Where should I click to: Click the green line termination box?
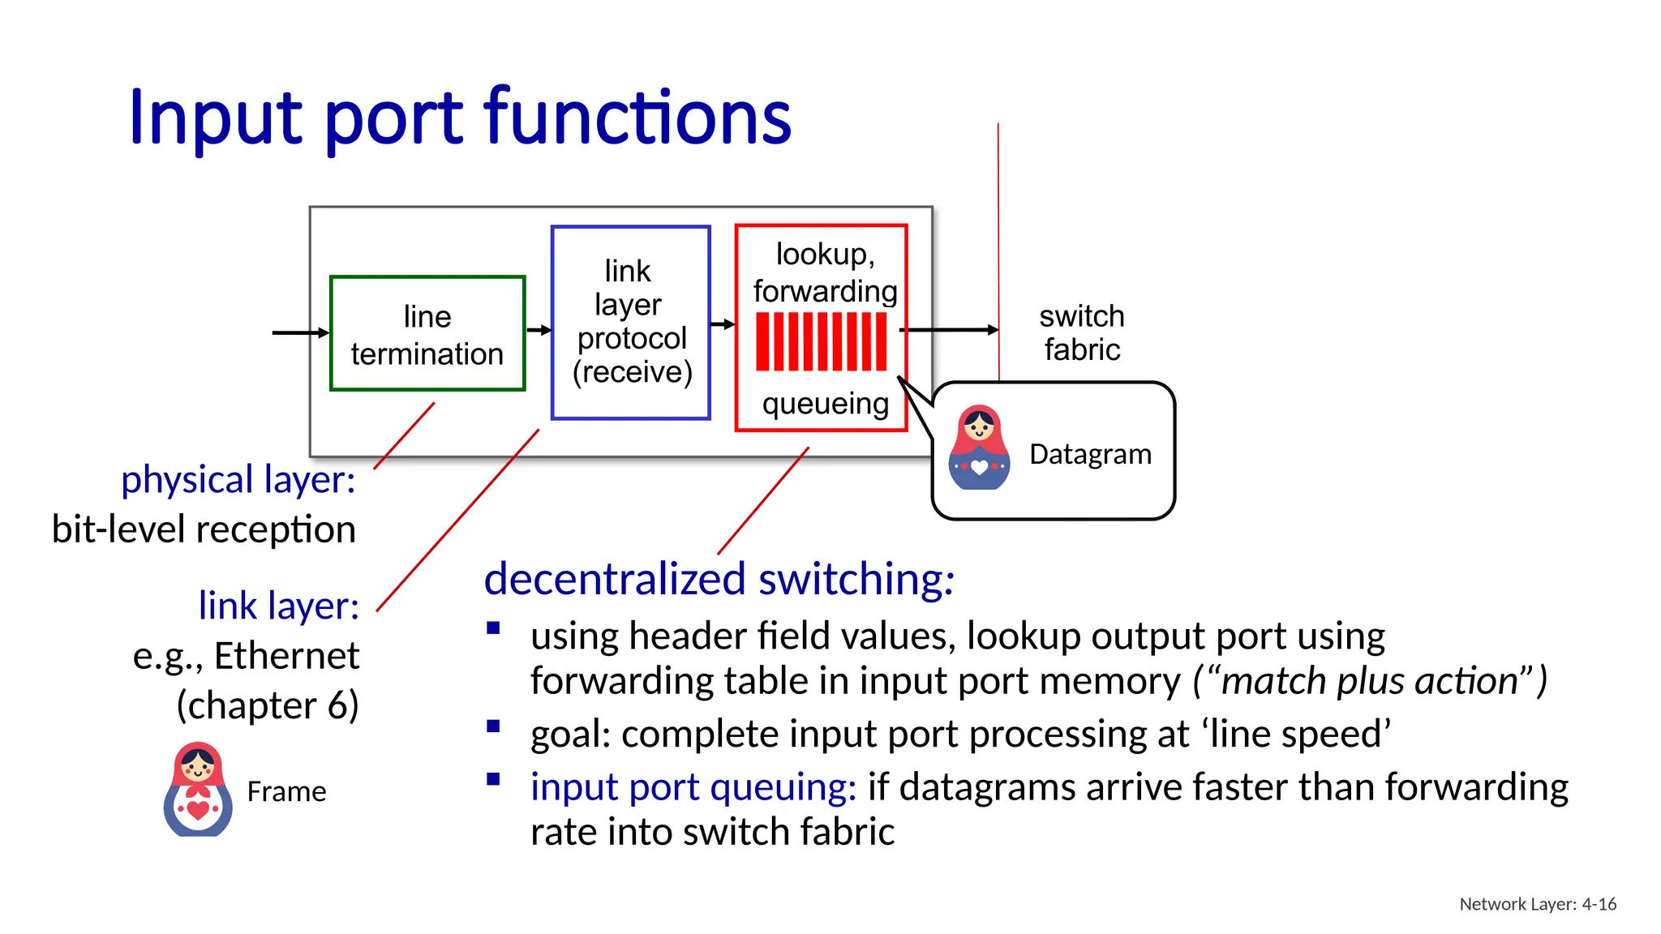[x=427, y=333]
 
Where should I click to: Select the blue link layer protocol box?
[x=631, y=322]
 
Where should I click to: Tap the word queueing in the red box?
[x=825, y=403]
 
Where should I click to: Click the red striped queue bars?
[x=821, y=341]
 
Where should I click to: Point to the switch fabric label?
[x=1082, y=332]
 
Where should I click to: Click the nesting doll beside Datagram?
[x=980, y=448]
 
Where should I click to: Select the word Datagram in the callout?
[x=1090, y=454]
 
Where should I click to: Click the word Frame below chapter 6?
[x=286, y=791]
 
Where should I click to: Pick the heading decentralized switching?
[x=719, y=579]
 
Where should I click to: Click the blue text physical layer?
[x=238, y=479]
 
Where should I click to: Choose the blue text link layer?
[x=278, y=606]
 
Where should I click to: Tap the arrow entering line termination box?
[x=300, y=332]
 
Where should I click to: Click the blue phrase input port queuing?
[x=693, y=786]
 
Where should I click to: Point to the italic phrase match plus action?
[x=1369, y=681]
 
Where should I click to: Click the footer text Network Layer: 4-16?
[x=1537, y=904]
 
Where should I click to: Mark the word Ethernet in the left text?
[x=286, y=655]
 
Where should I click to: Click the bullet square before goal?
[x=493, y=726]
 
